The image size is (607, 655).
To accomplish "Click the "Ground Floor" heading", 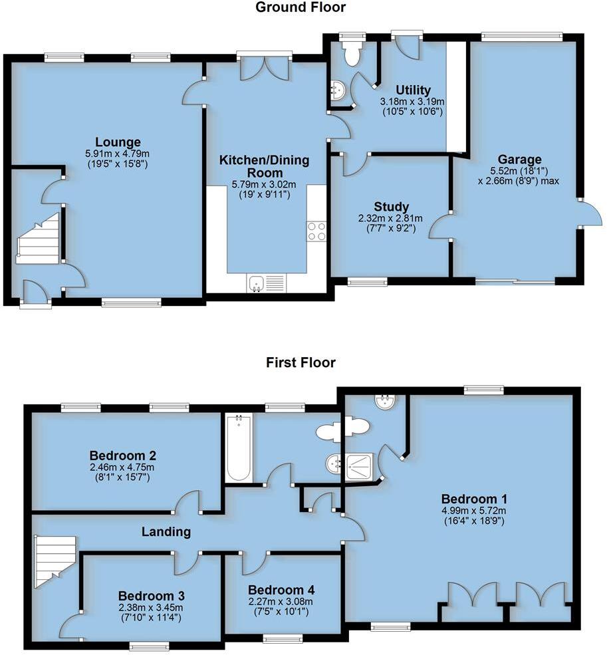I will tap(301, 8).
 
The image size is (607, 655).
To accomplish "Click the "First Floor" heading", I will tap(301, 362).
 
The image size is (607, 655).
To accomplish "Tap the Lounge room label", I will tap(118, 142).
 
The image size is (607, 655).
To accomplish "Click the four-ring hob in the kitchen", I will tap(316, 231).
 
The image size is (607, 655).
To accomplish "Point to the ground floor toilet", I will tap(350, 53).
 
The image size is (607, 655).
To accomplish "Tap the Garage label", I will tap(521, 160).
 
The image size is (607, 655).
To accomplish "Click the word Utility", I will tap(413, 90).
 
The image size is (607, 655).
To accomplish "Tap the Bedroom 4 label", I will tap(281, 590).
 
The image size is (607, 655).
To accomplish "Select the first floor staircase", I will tap(52, 563).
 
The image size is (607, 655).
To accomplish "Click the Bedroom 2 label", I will tap(123, 456).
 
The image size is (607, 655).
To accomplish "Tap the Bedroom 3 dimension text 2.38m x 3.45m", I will tap(151, 608).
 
